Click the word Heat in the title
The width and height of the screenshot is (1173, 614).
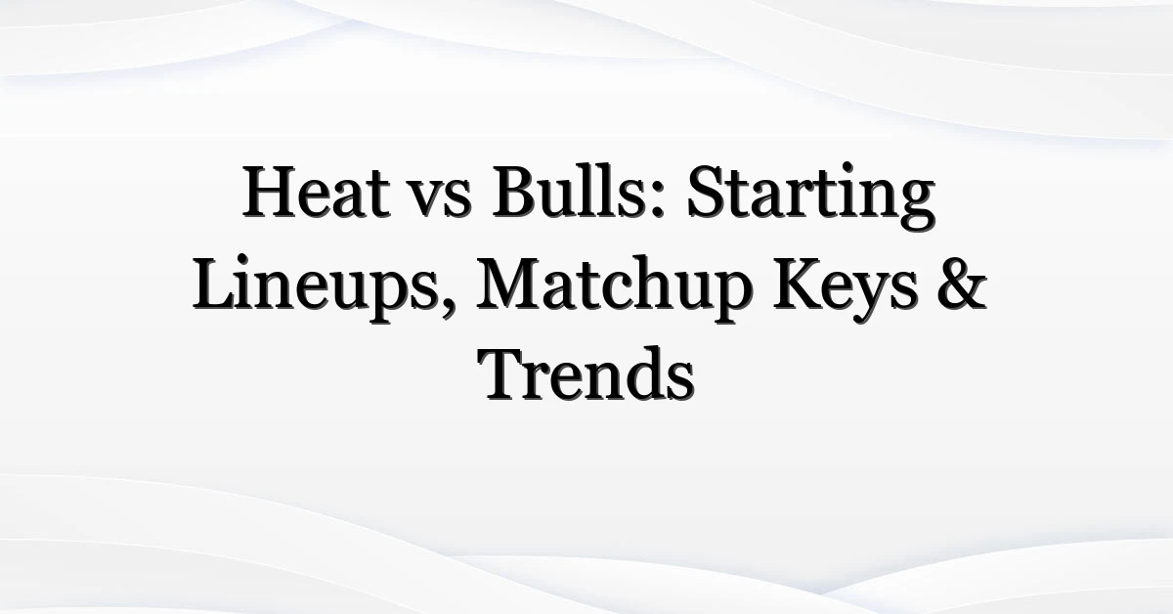pyautogui.click(x=317, y=192)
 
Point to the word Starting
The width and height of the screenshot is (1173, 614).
pyautogui.click(x=811, y=197)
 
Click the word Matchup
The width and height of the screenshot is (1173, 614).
pyautogui.click(x=615, y=289)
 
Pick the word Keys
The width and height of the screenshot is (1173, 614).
pyautogui.click(x=846, y=289)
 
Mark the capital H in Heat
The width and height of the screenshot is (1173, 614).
pyautogui.click(x=274, y=192)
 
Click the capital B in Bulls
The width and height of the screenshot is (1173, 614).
pyautogui.click(x=516, y=192)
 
